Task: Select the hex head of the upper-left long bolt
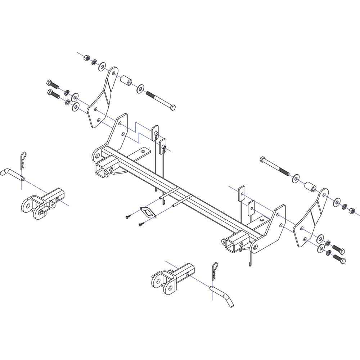click(172, 107)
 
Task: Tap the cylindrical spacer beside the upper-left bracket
click(126, 80)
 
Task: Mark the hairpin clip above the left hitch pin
click(22, 161)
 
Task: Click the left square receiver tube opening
click(100, 169)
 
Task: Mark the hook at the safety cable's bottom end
click(249, 265)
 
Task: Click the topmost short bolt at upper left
click(53, 84)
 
